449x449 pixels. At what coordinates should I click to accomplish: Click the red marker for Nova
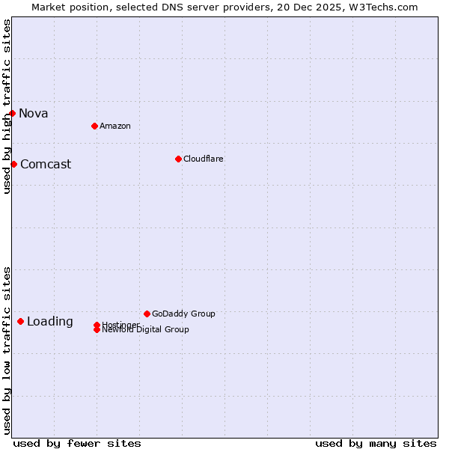click(13, 113)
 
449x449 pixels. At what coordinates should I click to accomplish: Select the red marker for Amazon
click(94, 126)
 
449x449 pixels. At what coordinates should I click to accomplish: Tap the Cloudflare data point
click(178, 159)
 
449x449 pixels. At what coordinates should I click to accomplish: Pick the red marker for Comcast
click(13, 164)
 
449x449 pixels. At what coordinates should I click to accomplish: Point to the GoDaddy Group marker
click(147, 314)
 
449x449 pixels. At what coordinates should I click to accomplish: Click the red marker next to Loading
click(20, 321)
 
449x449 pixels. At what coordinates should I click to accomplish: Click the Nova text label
click(34, 114)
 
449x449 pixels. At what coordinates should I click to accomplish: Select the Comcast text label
click(46, 165)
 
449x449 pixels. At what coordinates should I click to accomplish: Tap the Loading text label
click(50, 322)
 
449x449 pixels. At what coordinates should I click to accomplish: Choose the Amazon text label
click(115, 126)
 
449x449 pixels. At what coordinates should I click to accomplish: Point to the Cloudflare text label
click(204, 159)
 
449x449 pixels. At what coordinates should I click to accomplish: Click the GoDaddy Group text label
click(183, 314)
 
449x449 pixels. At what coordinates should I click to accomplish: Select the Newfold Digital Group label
click(146, 330)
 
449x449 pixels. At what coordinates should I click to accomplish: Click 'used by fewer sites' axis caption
click(77, 443)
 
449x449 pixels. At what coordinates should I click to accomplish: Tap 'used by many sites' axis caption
click(376, 443)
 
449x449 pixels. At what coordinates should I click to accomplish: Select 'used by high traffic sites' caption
click(7, 106)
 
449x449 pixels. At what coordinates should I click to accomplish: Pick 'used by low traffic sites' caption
click(7, 350)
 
